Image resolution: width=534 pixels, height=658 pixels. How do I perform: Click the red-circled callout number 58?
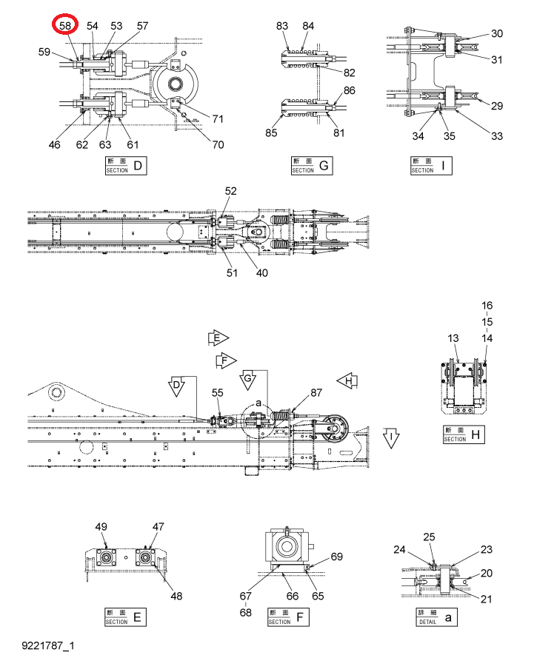65,26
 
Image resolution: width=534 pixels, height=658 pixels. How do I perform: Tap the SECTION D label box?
125,165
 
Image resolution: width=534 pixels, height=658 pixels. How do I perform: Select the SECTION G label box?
312,165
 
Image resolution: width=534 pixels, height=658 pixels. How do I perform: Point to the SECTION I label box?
431,165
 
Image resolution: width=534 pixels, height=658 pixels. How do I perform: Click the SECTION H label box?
464,434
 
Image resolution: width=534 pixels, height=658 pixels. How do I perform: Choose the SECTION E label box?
125,617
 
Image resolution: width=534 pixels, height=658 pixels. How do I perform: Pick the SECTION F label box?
288,617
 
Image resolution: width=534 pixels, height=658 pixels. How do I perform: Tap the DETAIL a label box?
436,617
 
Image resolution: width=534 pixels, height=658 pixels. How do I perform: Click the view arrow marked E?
218,338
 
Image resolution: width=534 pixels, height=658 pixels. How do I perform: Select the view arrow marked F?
226,360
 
